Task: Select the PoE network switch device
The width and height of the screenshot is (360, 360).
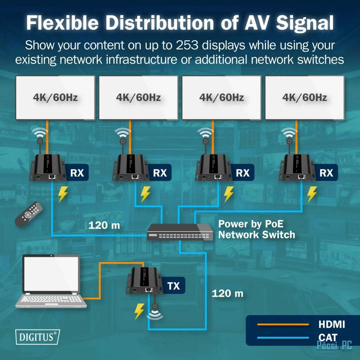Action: pos(180,232)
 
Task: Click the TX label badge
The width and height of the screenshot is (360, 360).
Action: pos(173,286)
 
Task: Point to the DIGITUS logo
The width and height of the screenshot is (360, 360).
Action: pos(37,336)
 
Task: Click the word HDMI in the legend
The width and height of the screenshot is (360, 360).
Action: pos(331,324)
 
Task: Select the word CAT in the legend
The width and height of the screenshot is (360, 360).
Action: pos(328,337)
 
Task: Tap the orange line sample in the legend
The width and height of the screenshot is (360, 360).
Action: pos(283,324)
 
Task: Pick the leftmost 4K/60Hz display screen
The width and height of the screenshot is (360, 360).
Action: pos(55,97)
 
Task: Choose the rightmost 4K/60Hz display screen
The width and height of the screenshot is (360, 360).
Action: pos(305,97)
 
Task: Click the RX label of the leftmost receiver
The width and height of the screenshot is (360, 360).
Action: pos(77,172)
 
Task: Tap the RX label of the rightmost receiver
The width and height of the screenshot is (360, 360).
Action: pos(326,172)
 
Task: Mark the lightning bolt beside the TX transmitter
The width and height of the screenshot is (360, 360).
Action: pos(139,312)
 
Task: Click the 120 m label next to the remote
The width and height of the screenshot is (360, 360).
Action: pos(104,226)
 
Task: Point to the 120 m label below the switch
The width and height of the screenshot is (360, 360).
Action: pos(227,293)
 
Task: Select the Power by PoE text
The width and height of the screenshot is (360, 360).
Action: pos(250,224)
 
